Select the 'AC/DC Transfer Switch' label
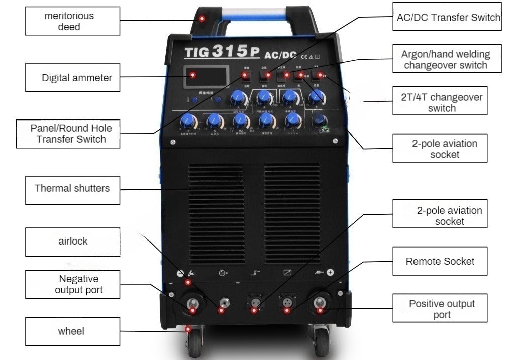coord(445,18)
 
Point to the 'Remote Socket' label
coord(440,261)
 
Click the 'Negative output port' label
coord(73,284)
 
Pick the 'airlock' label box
coord(73,242)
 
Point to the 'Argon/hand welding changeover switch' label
coord(445,59)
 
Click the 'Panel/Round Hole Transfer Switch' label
coord(68,134)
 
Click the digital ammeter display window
coord(206,76)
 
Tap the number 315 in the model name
coord(230,51)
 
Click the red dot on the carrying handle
coord(202,19)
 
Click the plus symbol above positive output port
coord(330,273)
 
